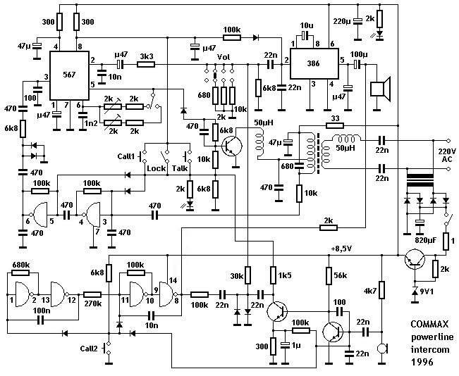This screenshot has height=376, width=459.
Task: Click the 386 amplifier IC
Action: pos(312,61)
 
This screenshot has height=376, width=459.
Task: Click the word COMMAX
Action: pos(429,326)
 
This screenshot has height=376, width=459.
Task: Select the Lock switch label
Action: pos(155,169)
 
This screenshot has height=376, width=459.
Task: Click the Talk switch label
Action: pos(180,169)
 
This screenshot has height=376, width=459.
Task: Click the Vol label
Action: pos(223,58)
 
